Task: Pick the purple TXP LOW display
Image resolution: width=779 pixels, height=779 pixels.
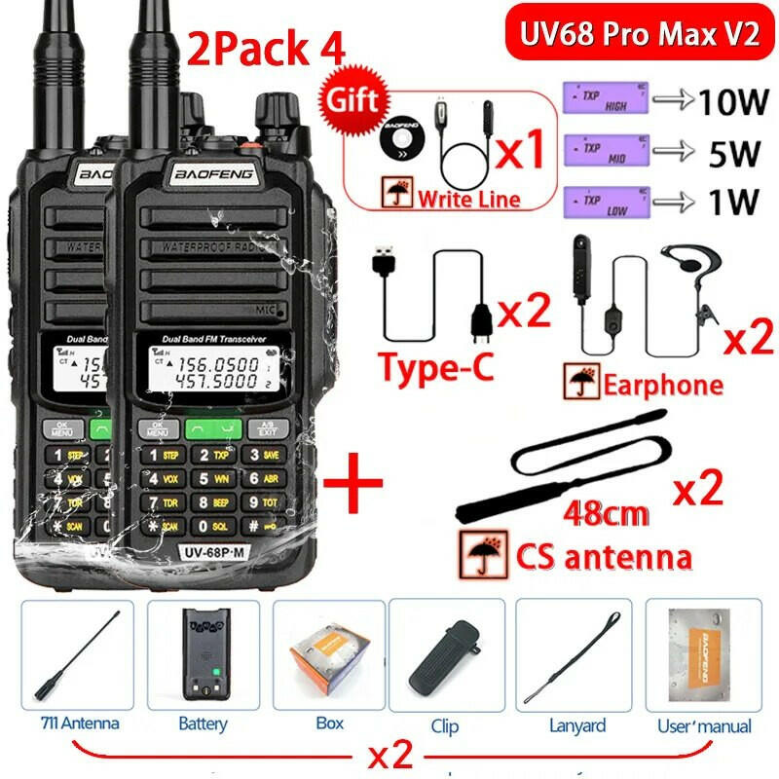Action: click(x=604, y=204)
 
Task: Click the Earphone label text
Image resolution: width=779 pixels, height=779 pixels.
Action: click(x=662, y=384)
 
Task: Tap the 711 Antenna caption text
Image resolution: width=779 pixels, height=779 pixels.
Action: click(x=80, y=723)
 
